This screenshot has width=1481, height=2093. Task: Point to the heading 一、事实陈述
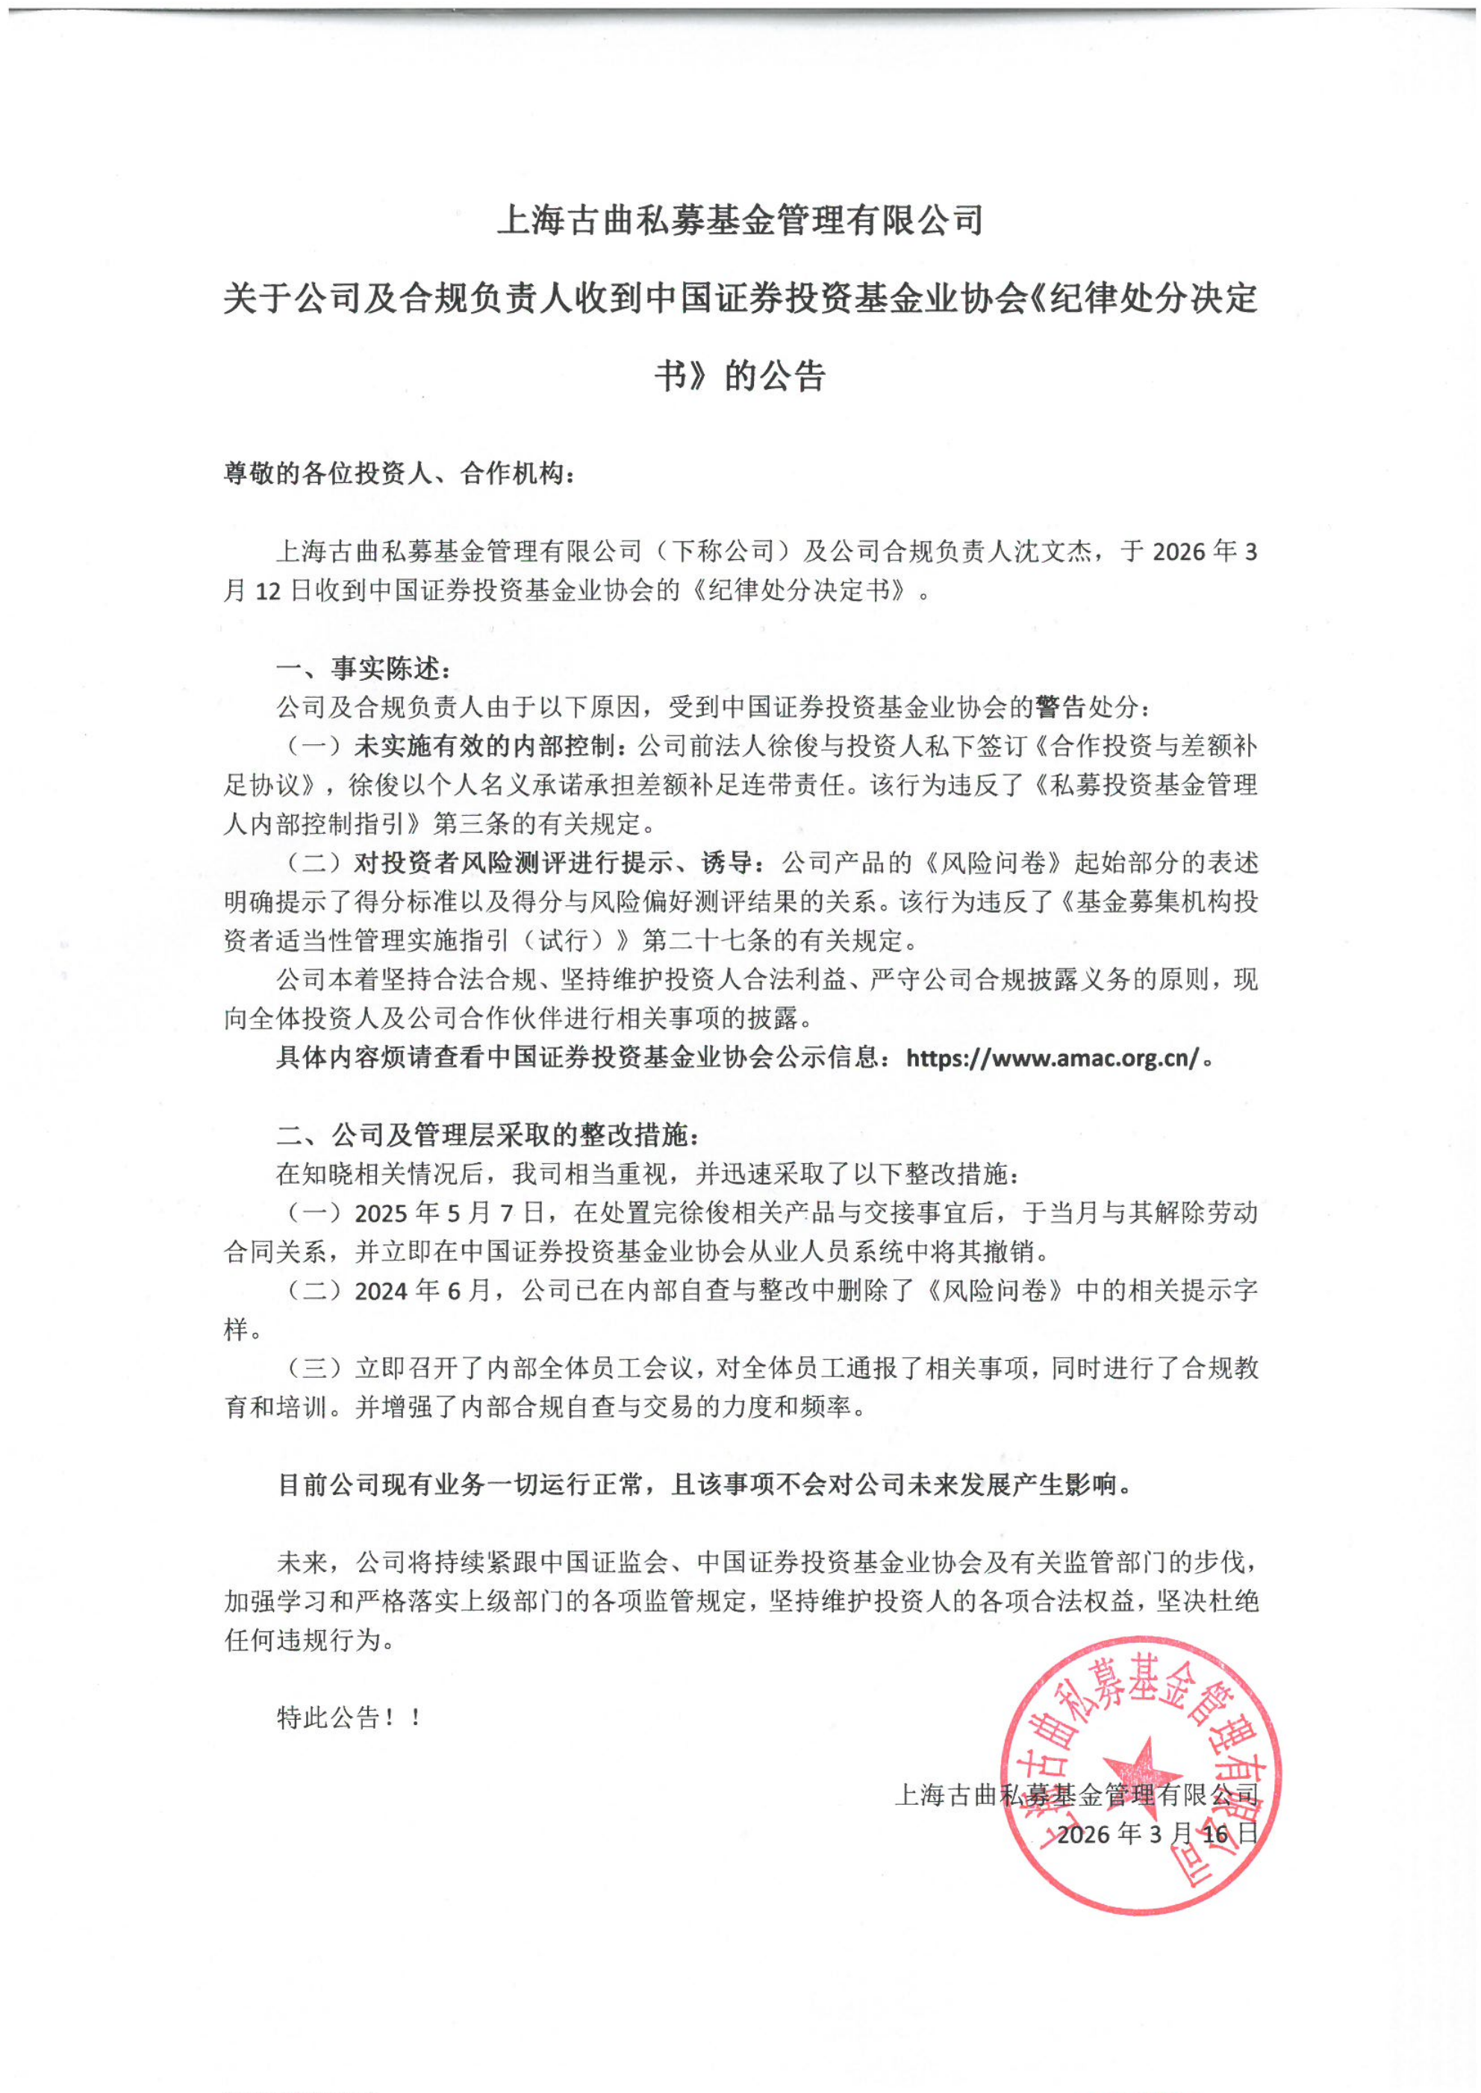coord(363,669)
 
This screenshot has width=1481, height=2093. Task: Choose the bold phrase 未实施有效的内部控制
coord(490,746)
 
